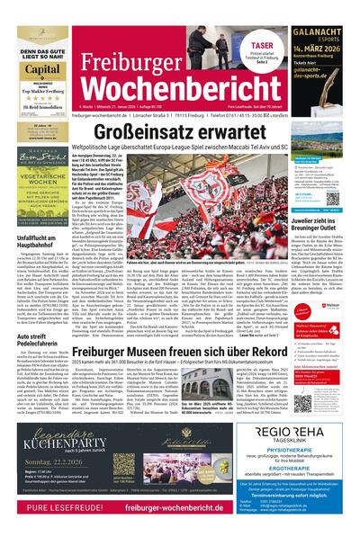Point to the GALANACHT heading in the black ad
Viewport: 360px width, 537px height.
[320, 33]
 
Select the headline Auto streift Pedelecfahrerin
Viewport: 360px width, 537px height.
[37, 313]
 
